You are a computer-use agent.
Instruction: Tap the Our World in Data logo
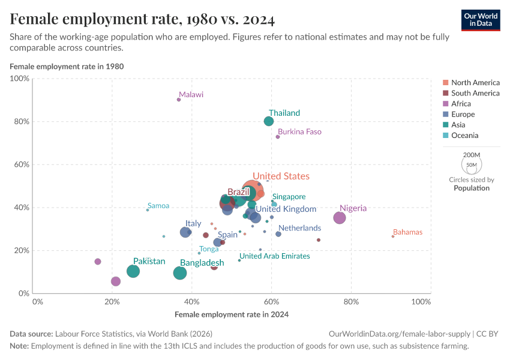pyautogui.click(x=481, y=20)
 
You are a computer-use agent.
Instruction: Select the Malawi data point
pyautogui.click(x=179, y=100)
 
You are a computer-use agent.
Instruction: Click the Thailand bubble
pyautogui.click(x=269, y=121)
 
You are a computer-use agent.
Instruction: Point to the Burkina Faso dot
pyautogui.click(x=278, y=137)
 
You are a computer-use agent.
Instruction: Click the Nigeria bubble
pyautogui.click(x=340, y=218)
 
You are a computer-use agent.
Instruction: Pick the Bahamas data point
pyautogui.click(x=393, y=236)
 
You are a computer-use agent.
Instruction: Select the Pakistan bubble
pyautogui.click(x=133, y=271)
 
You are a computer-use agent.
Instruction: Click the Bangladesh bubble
pyautogui.click(x=180, y=273)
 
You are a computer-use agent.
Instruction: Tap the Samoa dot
pyautogui.click(x=148, y=210)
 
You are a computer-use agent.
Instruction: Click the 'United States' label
pyautogui.click(x=281, y=176)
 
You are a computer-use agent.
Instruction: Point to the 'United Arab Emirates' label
pyautogui.click(x=275, y=256)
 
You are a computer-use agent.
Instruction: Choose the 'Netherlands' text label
pyautogui.click(x=299, y=228)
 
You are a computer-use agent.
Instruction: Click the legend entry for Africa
pyautogui.click(x=461, y=104)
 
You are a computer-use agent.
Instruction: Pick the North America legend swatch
pyautogui.click(x=445, y=83)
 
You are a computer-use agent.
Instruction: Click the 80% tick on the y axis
pyautogui.click(x=22, y=121)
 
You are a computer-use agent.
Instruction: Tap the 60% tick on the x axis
pyautogui.click(x=271, y=301)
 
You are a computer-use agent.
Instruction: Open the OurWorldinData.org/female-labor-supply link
pyautogui.click(x=400, y=334)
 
